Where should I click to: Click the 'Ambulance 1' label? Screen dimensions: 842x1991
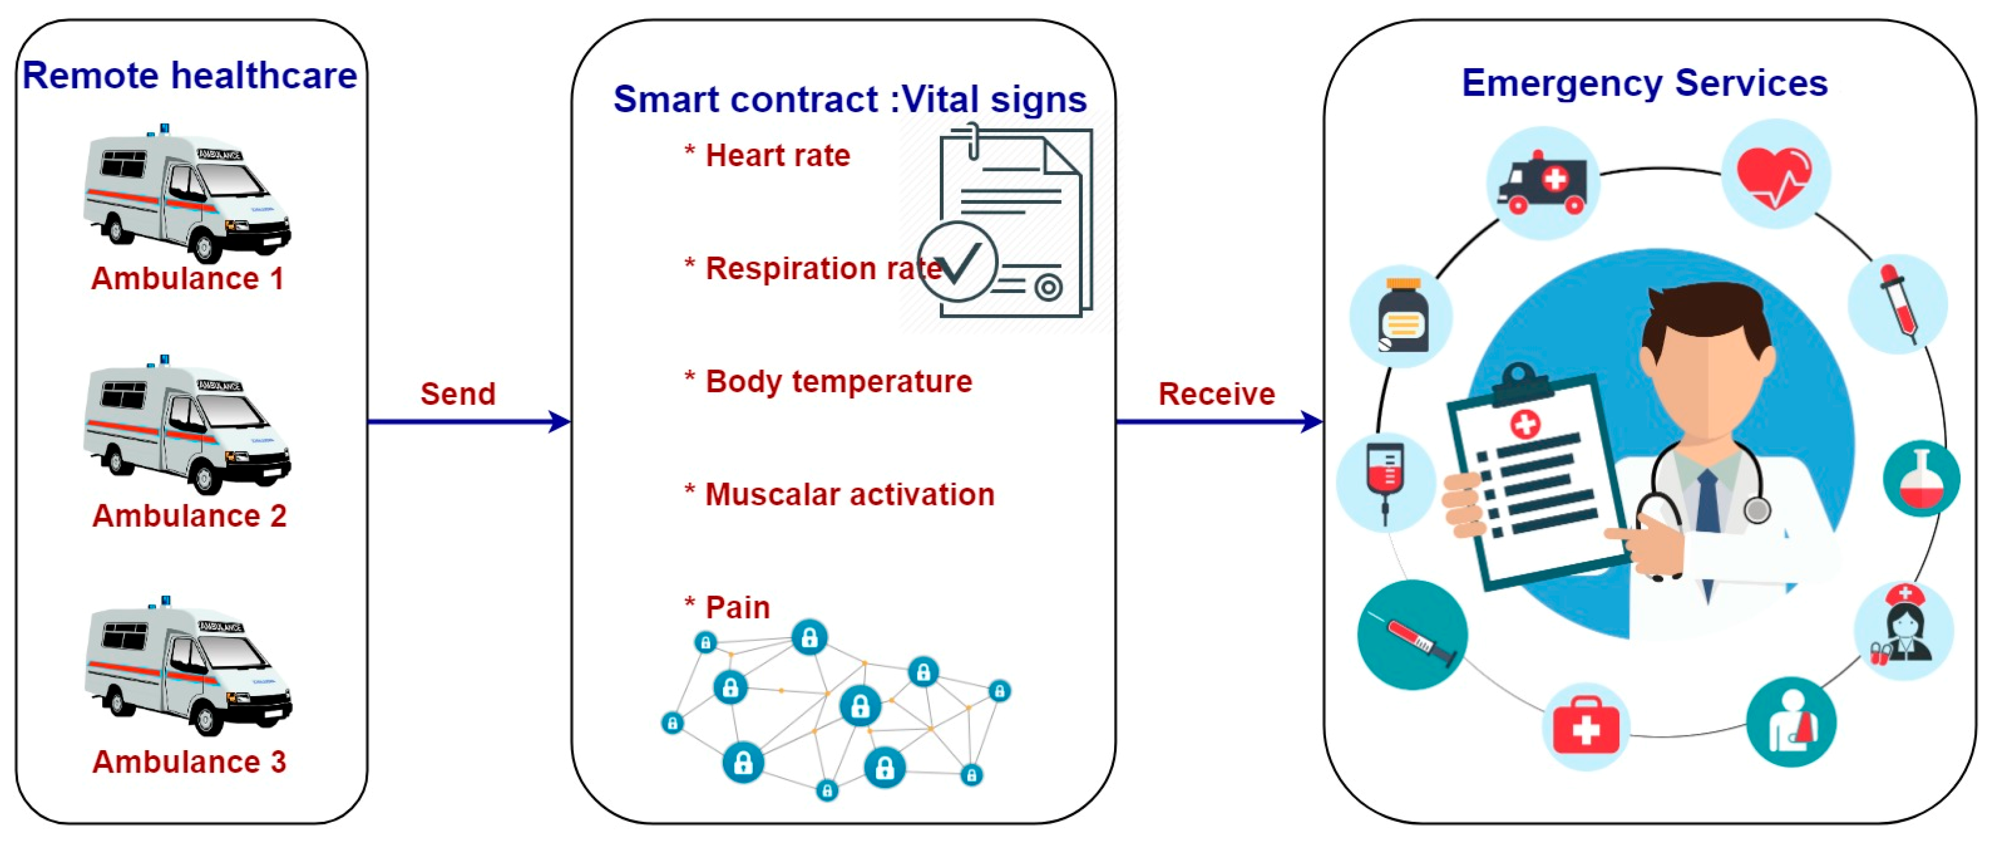pyautogui.click(x=188, y=278)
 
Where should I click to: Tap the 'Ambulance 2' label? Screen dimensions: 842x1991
pyautogui.click(x=190, y=516)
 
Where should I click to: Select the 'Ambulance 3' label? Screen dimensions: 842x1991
pyautogui.click(x=190, y=762)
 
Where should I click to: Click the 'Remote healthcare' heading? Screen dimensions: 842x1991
pyautogui.click(x=190, y=76)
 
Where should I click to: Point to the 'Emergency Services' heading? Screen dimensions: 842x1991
pyautogui.click(x=1644, y=83)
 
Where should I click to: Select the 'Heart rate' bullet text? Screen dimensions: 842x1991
pyautogui.click(x=777, y=155)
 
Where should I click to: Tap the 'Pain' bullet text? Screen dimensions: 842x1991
pyautogui.click(x=738, y=607)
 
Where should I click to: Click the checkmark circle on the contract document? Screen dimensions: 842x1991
pyautogui.click(x=958, y=261)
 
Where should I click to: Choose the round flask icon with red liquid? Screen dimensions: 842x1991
pyautogui.click(x=1922, y=479)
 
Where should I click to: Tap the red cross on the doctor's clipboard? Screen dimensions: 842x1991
pyautogui.click(x=1525, y=423)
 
